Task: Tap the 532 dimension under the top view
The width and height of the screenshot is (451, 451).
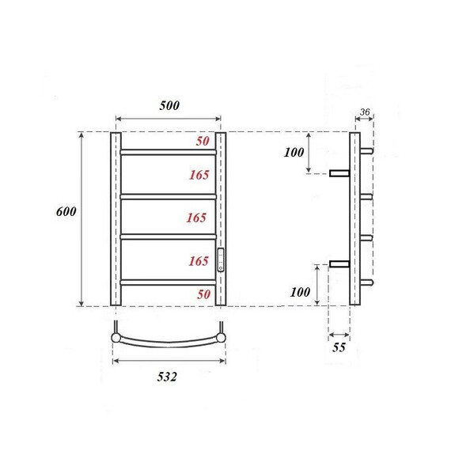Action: [161, 377]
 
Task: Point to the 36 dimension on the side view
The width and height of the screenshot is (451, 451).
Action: [365, 112]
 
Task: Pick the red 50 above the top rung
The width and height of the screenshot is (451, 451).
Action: [203, 141]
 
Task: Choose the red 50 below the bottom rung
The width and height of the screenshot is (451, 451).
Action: [203, 294]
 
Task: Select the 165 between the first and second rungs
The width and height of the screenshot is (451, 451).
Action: [199, 174]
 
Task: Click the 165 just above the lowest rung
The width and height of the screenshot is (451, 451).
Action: [199, 260]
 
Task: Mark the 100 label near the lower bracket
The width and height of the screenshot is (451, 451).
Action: [300, 292]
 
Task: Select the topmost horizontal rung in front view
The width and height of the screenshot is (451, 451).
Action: [168, 150]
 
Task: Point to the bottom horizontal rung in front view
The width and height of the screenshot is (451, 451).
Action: [168, 279]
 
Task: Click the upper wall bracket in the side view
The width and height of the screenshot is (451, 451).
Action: [339, 172]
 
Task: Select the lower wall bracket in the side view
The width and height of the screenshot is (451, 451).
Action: [339, 263]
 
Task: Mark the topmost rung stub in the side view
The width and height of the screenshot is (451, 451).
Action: [366, 150]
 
